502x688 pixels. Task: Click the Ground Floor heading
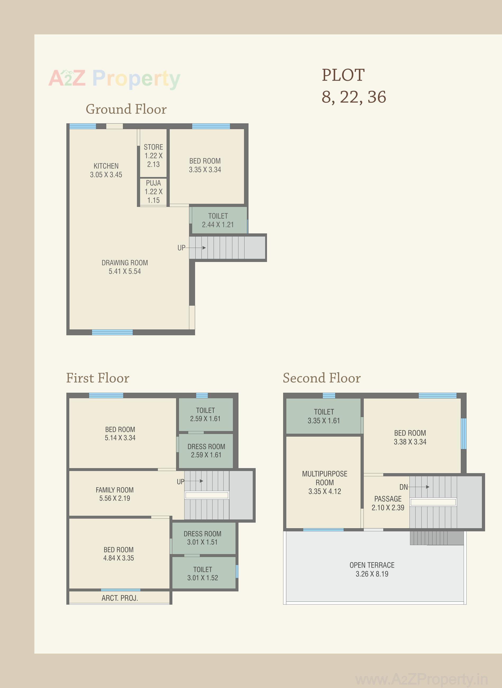point(126,109)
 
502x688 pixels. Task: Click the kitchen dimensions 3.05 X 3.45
point(106,175)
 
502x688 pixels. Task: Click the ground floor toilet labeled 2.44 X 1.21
point(218,220)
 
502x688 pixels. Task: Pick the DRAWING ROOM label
point(125,262)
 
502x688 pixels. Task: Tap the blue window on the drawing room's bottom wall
point(112,332)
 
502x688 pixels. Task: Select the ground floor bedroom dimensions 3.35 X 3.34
point(205,170)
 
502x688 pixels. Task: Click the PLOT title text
point(343,75)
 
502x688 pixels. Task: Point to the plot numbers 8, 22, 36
point(354,97)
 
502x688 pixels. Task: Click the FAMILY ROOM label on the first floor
point(114,490)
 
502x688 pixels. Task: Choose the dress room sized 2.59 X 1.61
point(206,450)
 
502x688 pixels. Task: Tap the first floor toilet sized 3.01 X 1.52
point(202,573)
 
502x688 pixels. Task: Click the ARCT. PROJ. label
point(119,598)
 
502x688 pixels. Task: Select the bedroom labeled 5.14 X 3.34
point(120,433)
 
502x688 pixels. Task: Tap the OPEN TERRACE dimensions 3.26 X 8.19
point(372,574)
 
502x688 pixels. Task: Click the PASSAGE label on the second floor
point(388,499)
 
